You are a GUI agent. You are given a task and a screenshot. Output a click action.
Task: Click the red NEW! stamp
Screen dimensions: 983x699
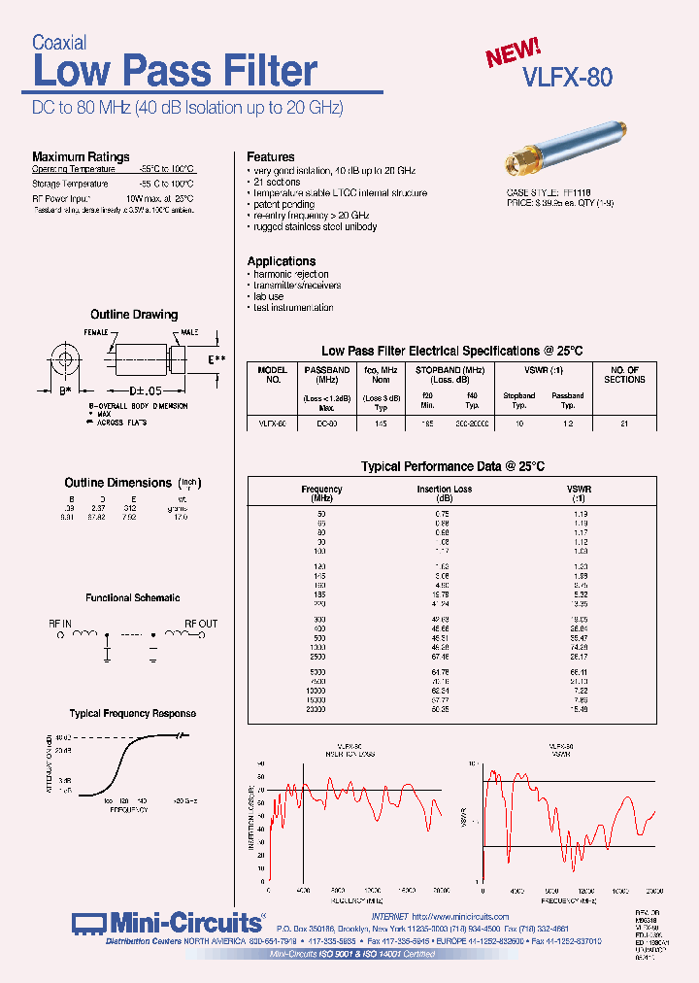coord(514,52)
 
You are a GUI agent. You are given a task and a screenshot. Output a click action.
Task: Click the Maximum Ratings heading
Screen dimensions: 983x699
coord(81,156)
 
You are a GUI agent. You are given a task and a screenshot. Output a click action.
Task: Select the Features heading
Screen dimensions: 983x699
coord(271,156)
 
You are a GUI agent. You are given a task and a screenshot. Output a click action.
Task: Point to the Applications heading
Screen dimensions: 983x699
coord(281,261)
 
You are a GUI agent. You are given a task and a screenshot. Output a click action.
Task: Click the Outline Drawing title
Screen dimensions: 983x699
coord(134,315)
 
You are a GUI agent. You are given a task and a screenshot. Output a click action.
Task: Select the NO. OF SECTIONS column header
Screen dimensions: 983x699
coord(624,375)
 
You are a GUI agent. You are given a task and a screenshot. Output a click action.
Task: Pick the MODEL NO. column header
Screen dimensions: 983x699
coord(273,375)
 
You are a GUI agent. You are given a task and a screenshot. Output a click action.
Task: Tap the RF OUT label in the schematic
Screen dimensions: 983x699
coord(201,624)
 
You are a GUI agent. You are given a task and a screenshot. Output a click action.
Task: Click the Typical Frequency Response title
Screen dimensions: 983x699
coord(133,713)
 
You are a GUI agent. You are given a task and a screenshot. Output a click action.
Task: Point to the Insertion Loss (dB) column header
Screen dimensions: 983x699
coord(444,493)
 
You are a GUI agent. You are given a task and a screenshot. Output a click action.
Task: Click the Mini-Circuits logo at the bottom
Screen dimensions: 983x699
coord(167,922)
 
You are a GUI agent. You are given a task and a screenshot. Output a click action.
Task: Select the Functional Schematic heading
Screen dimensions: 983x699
coord(132,598)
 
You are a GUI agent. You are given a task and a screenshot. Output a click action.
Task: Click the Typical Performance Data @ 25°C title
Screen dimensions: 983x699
coord(452,467)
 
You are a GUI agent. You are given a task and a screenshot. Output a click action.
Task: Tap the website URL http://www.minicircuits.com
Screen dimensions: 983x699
coord(460,916)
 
